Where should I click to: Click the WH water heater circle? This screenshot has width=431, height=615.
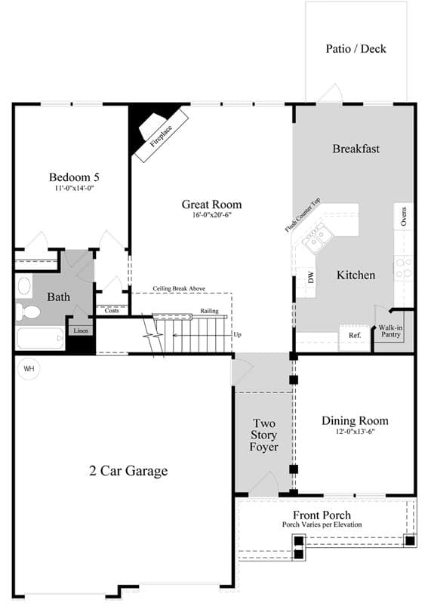(x=29, y=369)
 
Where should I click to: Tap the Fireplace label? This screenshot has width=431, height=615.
(x=162, y=136)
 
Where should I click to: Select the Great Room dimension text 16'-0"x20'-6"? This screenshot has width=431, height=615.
(x=211, y=214)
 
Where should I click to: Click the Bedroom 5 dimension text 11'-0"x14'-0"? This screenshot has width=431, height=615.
(x=74, y=188)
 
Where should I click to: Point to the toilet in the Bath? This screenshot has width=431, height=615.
(x=28, y=312)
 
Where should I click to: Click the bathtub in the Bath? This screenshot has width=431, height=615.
(x=40, y=338)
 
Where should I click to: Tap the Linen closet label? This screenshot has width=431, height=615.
(x=81, y=331)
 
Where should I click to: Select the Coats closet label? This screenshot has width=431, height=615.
(x=112, y=311)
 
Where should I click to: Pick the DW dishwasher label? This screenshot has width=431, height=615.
(x=311, y=278)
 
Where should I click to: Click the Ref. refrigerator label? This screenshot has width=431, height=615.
(x=355, y=335)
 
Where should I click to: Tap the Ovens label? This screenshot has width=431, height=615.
(x=404, y=216)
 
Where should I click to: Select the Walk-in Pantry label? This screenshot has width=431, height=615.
(x=390, y=331)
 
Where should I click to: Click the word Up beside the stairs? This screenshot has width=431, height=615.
(x=237, y=335)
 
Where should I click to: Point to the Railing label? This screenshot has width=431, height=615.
(x=209, y=311)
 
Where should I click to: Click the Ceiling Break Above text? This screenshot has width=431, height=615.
(x=179, y=288)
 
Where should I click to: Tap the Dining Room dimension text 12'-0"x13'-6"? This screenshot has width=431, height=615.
(x=356, y=432)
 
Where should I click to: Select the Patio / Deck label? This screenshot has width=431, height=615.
(x=356, y=48)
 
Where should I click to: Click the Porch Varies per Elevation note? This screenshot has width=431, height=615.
(x=322, y=524)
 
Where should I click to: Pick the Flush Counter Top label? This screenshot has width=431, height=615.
(x=303, y=215)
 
